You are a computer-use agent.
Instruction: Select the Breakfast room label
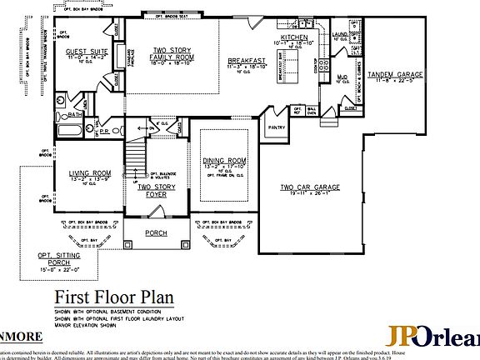pyautogui.click(x=247, y=61)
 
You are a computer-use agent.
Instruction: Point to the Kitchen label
pyautogui.click(x=294, y=38)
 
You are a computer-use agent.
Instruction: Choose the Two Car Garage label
pyautogui.click(x=309, y=188)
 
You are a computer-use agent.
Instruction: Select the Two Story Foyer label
pyautogui.click(x=156, y=191)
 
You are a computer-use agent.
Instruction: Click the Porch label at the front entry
pyautogui.click(x=156, y=232)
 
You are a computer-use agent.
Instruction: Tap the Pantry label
pyautogui.click(x=276, y=127)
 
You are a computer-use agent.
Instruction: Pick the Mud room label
pyautogui.click(x=342, y=77)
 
